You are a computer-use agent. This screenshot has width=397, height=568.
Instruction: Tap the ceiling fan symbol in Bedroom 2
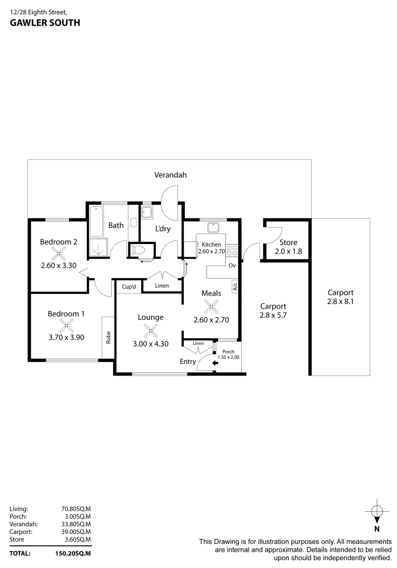[59, 253]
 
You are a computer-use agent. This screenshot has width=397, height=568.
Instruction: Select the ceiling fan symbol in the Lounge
[151, 330]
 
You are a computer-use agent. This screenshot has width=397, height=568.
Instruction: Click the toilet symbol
[140, 250]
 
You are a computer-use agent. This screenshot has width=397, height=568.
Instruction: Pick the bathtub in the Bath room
[97, 221]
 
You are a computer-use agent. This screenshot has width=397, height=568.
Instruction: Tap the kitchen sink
[213, 228]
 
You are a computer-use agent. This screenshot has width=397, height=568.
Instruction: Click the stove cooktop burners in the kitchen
[232, 251]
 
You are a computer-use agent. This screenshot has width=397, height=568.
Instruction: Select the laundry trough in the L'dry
[147, 213]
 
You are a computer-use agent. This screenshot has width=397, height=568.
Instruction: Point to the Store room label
[288, 242]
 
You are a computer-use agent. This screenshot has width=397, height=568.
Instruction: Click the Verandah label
[170, 175]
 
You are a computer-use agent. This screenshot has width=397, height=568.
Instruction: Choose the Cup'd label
[129, 287]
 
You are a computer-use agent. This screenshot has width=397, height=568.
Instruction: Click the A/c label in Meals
[235, 287]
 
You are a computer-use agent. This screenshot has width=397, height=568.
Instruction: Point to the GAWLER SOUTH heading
[45, 23]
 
